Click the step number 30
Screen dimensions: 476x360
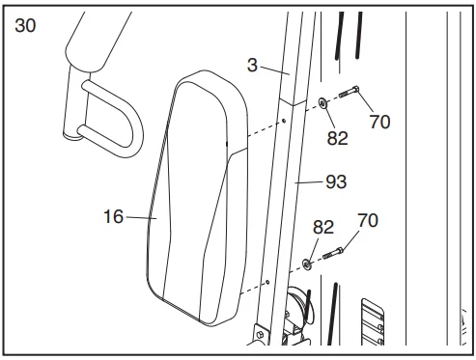point(25,26)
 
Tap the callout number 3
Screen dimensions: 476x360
point(252,65)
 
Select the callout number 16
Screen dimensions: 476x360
point(113,216)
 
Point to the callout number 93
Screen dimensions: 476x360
point(336,181)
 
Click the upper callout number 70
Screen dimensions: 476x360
point(379,122)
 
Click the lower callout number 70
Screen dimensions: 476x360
point(368,221)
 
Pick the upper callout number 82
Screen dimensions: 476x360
point(338,138)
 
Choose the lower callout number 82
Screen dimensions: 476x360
point(323,228)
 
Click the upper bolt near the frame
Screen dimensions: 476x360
point(349,92)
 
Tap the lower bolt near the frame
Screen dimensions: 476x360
point(333,253)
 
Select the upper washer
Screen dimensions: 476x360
point(322,103)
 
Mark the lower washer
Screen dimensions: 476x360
point(307,264)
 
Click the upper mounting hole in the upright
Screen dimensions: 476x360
point(284,121)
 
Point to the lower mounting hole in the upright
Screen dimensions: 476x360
point(267,282)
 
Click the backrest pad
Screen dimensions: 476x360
point(197,198)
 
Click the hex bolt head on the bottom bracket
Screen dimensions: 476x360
point(260,335)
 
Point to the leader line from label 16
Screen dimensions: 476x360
point(141,218)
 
